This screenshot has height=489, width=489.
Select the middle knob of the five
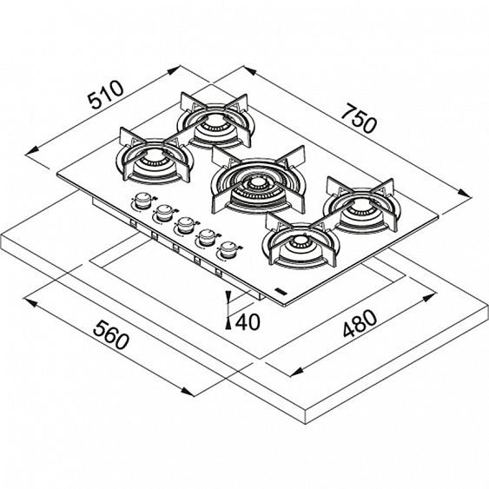(184, 226)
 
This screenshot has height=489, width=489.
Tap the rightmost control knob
(229, 250)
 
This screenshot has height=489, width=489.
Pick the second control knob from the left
(162, 214)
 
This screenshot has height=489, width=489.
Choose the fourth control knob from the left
(207, 237)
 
